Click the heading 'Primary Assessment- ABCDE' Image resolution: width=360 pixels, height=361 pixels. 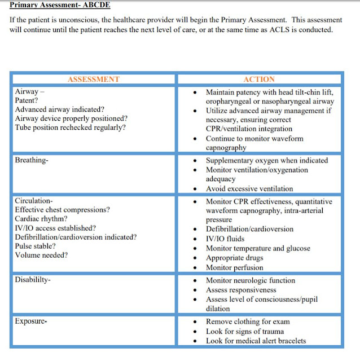click(x=60, y=5)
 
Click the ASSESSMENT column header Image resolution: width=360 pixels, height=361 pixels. click(x=94, y=80)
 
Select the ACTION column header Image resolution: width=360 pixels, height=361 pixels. click(x=259, y=80)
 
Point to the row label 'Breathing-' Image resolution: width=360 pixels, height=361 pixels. click(x=32, y=160)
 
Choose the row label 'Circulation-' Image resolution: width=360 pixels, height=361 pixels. click(x=34, y=201)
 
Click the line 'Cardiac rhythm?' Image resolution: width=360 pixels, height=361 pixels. click(x=41, y=219)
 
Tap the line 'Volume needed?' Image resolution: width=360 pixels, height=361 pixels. click(x=41, y=255)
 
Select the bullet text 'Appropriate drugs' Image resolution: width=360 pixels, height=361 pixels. click(x=238, y=257)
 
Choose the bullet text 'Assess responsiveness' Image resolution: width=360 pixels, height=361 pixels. click(x=244, y=289)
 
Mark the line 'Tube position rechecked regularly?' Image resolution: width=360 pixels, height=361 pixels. click(x=71, y=127)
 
